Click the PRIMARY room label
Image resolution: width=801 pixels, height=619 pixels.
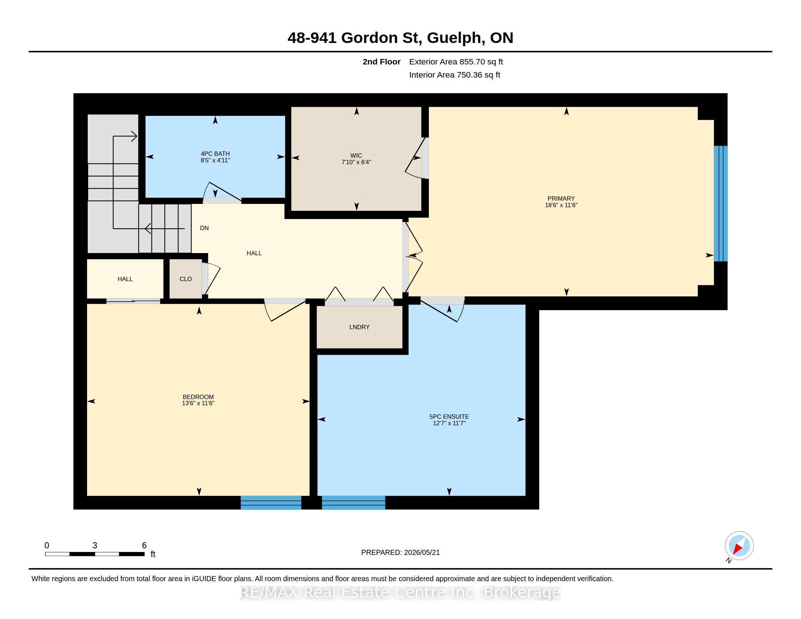[x=561, y=198]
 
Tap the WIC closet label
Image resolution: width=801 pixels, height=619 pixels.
[x=356, y=155]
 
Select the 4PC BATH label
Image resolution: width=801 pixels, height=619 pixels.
[x=215, y=154]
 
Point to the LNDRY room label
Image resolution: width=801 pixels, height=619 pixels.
[x=359, y=327]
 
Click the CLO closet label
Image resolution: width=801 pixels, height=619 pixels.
[x=186, y=279]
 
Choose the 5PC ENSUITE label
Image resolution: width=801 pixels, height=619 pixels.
[x=449, y=417]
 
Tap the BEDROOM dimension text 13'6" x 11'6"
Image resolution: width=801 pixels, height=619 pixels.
[x=198, y=403]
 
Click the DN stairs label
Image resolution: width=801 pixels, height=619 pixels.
[x=204, y=228]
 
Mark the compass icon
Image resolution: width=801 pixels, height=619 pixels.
[x=739, y=546]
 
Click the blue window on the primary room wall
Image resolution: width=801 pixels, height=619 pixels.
[x=721, y=204]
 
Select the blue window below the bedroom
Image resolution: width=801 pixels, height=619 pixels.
[x=271, y=502]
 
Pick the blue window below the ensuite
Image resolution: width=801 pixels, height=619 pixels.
[x=354, y=502]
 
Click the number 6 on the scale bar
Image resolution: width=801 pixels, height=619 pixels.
[x=144, y=545]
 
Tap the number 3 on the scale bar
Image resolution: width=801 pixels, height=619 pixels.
[x=95, y=545]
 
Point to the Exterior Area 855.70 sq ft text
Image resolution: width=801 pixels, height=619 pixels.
[x=456, y=62]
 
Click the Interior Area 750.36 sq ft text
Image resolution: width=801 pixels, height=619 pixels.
[x=455, y=75]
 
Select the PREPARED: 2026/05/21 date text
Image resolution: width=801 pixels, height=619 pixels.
[x=400, y=552]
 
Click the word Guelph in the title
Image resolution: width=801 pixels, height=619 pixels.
[x=454, y=38]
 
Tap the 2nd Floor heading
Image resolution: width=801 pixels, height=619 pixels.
[x=382, y=62]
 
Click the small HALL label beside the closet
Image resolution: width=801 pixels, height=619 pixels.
[x=125, y=279]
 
